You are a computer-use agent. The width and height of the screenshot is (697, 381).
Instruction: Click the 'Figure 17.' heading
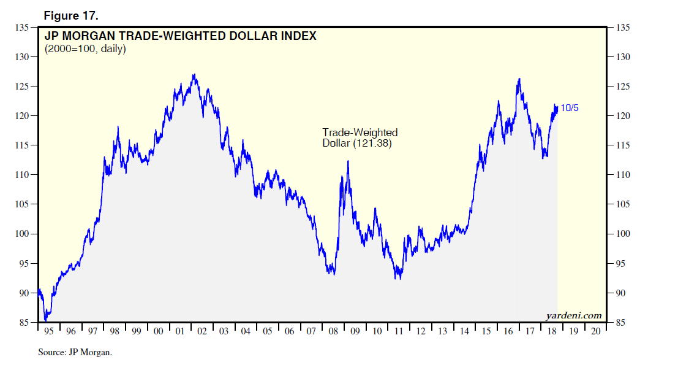[71, 15]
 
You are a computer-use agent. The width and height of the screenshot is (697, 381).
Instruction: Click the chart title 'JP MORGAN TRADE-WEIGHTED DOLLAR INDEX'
[181, 36]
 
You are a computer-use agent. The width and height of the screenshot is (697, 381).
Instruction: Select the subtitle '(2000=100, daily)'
[85, 48]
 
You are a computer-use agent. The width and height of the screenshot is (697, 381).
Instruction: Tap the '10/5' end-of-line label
[569, 109]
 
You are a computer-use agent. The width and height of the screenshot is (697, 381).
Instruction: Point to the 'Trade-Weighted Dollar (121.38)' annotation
[360, 138]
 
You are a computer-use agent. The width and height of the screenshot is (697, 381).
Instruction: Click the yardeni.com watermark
[574, 316]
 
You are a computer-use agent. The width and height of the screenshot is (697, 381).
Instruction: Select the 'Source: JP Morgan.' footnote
[75, 353]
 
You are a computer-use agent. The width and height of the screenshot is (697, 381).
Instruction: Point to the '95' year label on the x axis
[50, 331]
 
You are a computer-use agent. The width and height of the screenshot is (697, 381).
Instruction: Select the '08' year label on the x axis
[333, 331]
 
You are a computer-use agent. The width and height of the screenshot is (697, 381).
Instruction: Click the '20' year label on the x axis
[595, 331]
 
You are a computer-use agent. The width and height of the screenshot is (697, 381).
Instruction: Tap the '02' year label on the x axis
[202, 331]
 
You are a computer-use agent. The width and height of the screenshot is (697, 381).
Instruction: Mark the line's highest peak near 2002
[194, 75]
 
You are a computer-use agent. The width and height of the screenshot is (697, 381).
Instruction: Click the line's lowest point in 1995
[45, 320]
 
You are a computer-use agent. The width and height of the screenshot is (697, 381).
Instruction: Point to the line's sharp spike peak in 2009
[348, 161]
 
